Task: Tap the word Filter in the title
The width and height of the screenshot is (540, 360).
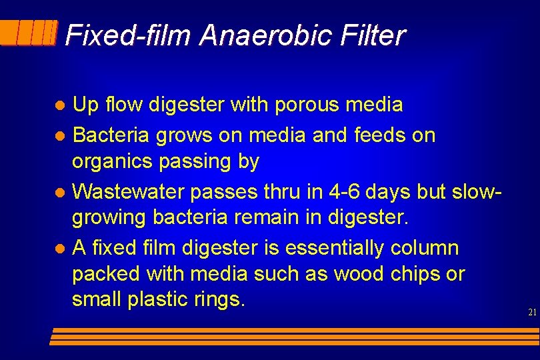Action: pos(372,35)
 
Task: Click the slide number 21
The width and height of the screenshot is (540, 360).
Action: pos(531,312)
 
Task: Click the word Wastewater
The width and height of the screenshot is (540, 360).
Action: pos(128,192)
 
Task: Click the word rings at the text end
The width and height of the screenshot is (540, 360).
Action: pos(221,300)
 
